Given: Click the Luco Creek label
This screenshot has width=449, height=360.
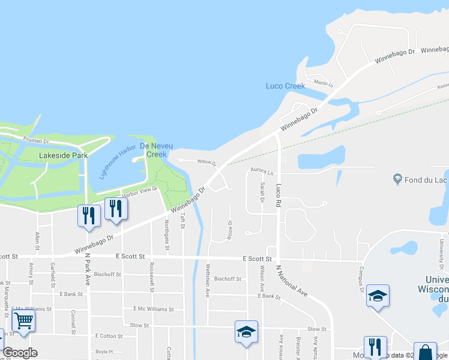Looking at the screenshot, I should [285, 86].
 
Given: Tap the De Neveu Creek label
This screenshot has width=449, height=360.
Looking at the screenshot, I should [153, 150].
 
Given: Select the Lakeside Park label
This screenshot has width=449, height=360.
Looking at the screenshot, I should [63, 155].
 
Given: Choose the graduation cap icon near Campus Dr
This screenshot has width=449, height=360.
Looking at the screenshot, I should [378, 296].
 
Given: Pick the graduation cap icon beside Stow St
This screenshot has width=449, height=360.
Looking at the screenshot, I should [246, 332].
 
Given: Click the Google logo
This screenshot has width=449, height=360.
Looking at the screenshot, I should [20, 353].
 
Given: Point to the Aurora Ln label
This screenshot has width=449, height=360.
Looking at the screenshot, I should [262, 172].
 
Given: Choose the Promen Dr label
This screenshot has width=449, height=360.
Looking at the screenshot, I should [36, 140].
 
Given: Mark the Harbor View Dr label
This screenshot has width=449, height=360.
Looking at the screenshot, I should [139, 191].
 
